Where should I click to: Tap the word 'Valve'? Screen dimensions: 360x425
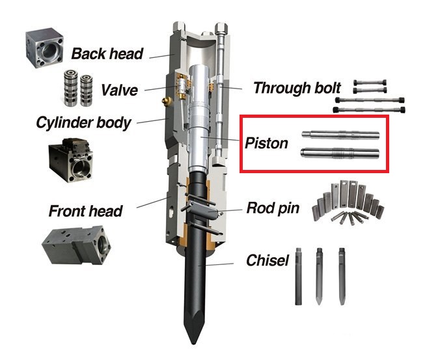(x=120, y=90)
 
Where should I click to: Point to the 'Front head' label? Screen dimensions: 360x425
(x=85, y=210)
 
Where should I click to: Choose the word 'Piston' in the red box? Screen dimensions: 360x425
(x=266, y=143)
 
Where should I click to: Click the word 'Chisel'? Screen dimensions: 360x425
(x=267, y=261)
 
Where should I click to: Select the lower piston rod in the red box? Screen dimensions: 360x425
(x=340, y=155)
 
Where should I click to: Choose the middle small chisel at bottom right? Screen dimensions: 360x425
(x=319, y=275)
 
